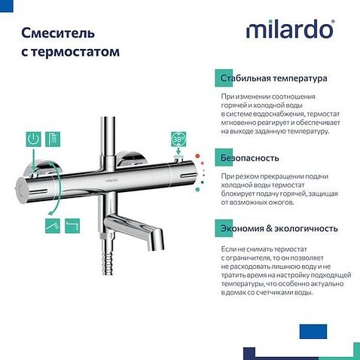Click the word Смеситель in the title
point(57,33)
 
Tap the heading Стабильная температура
point(273,78)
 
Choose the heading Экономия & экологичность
point(279,228)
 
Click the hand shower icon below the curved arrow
point(52,224)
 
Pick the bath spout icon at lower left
point(72,224)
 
